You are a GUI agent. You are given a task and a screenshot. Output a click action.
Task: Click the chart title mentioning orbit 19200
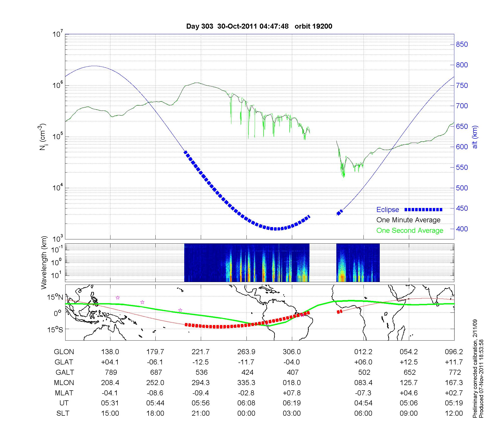pos(259,26)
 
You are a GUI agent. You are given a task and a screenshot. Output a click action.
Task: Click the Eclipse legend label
pos(388,210)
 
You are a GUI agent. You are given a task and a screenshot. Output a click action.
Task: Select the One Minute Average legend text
pos(408,220)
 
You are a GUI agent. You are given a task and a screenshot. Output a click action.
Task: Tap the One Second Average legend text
pos(410,231)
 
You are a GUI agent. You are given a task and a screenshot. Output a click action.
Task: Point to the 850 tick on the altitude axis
pos(462,44)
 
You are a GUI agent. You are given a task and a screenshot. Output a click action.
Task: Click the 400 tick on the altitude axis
pos(462,229)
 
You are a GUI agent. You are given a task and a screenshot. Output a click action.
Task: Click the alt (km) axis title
pos(475,137)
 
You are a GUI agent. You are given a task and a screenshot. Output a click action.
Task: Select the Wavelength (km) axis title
pos(44,263)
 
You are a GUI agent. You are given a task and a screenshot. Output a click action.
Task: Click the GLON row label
pos(64,352)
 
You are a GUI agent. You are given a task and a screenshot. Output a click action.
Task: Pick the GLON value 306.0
pos(292,352)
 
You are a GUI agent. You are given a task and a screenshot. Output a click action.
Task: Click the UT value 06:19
pos(292,403)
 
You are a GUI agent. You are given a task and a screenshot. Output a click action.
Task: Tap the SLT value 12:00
pos(454,413)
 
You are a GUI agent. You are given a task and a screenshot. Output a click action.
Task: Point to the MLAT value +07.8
pos(292,393)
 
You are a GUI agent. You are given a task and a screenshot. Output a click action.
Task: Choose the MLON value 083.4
pos(363,383)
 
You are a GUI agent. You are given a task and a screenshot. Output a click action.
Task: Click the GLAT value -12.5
pos(201,362)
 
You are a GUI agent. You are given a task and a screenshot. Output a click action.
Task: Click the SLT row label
pos(63,413)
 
